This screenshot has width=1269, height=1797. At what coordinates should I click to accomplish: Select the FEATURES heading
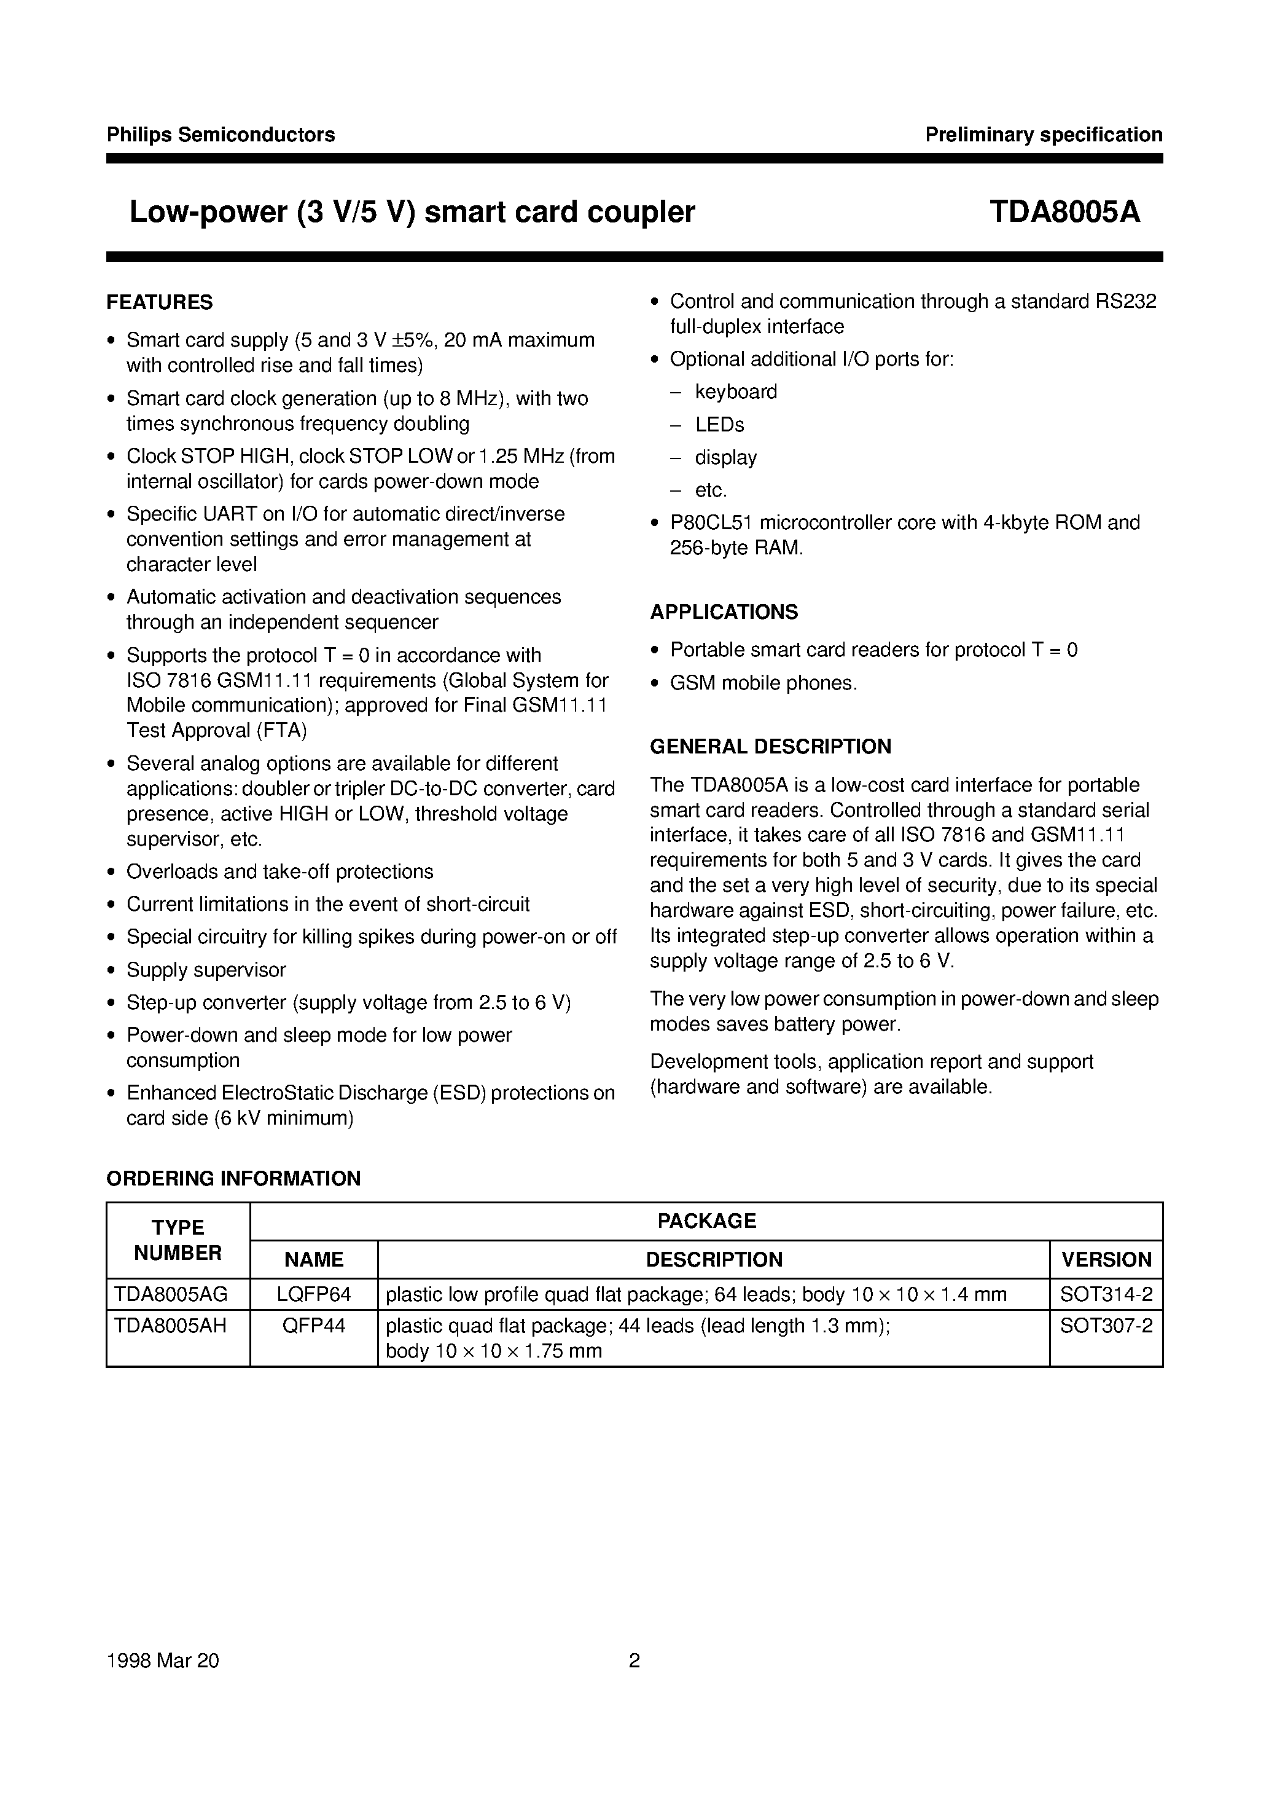[x=160, y=302]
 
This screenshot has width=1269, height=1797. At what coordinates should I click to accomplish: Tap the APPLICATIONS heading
[x=724, y=612]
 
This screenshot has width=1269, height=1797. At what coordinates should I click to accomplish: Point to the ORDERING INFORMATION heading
[x=233, y=1179]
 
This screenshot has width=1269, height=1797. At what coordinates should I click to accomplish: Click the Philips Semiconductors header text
[x=221, y=135]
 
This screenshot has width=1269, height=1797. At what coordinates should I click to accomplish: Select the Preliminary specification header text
[x=1044, y=135]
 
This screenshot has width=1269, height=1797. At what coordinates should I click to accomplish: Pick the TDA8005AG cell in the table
[x=171, y=1294]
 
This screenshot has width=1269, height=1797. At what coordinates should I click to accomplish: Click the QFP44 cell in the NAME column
[x=314, y=1326]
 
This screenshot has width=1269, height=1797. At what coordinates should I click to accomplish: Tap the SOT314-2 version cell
[x=1106, y=1294]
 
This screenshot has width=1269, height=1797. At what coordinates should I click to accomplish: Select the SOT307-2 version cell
[x=1106, y=1326]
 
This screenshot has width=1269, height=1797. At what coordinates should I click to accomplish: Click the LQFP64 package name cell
[x=314, y=1294]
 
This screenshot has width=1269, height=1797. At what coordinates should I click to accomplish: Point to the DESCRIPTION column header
[x=714, y=1259]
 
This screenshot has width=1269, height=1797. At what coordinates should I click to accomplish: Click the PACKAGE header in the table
[x=706, y=1221]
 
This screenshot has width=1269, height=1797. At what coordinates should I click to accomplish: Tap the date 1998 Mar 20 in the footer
[x=163, y=1661]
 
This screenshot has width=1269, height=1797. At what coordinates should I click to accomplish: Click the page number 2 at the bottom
[x=634, y=1661]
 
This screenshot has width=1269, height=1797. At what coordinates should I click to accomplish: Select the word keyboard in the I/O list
[x=735, y=391]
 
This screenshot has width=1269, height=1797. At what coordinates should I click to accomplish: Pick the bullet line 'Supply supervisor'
[x=206, y=970]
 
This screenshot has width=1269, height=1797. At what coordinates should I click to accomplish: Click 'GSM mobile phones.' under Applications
[x=763, y=683]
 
